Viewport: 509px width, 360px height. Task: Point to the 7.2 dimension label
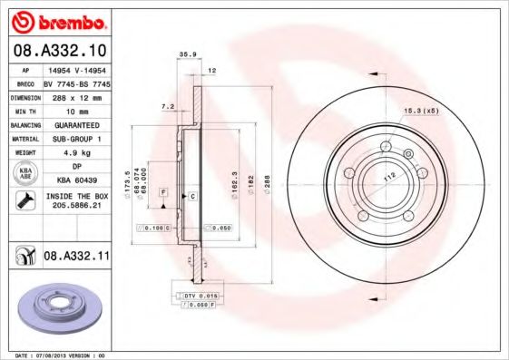click(x=167, y=107)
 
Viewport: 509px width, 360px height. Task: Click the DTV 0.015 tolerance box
click(x=196, y=297)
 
